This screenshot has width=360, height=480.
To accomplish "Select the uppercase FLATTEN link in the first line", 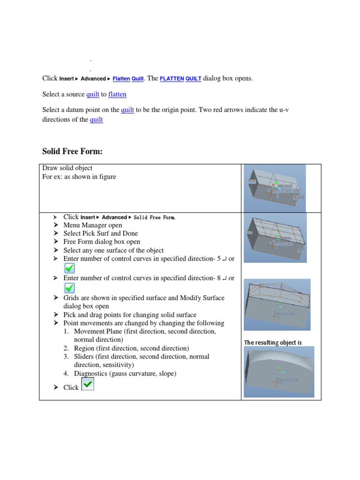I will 172,79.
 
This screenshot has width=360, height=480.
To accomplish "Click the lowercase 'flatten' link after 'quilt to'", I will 117,94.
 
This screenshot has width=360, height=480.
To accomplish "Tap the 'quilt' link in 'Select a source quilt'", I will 93,94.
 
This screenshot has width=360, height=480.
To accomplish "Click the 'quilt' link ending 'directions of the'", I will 96,120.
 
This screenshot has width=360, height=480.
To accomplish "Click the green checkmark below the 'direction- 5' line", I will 69,268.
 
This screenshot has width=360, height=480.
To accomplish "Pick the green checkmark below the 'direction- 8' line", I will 69,288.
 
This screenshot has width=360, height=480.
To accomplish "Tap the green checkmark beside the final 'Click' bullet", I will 88,384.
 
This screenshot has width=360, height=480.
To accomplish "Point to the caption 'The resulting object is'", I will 273,343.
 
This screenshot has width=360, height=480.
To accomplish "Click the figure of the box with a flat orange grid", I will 276,237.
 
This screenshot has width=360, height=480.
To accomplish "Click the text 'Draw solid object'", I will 67,168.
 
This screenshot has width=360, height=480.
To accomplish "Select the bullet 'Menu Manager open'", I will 93,225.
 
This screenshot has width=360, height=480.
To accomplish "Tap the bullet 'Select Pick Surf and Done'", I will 100,233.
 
